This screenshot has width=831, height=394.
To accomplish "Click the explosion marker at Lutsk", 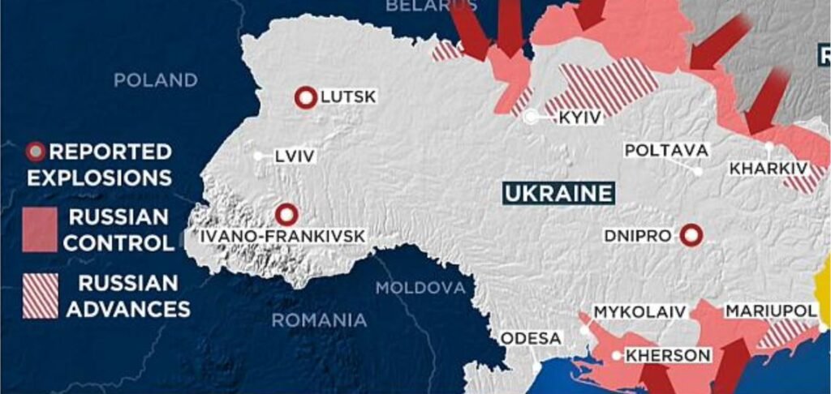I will coord(305,98).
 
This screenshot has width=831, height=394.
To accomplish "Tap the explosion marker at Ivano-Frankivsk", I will coord(286,215).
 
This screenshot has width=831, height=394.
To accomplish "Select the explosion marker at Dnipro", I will coord(691,235).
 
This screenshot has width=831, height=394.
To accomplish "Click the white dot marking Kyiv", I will coord(531,118).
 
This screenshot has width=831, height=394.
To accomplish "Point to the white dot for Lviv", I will coord(258,156).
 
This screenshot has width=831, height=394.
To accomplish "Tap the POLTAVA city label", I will coord(666,151).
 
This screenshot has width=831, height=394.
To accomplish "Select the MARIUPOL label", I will coord(769,311).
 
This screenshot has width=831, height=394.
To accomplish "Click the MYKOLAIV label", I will coord(639,312).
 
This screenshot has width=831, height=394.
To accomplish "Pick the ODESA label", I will coord(530,338).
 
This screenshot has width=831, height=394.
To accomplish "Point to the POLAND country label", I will coord(155,80).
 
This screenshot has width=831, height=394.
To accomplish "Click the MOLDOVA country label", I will coord(420,288).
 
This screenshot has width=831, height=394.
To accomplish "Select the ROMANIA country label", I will coord(319,320).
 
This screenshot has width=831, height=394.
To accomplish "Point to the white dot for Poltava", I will coord(698,171).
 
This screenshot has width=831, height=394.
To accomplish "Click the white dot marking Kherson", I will coord(617,355).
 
